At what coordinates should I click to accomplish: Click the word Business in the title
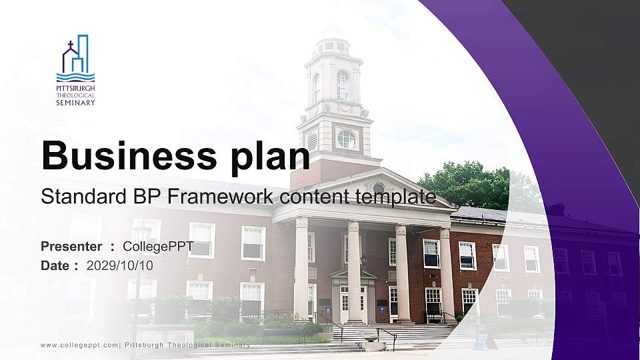pos(129,155)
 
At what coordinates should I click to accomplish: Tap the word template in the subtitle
pos(395,197)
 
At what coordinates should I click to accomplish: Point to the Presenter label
pos(71,247)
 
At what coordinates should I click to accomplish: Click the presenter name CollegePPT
pos(158,247)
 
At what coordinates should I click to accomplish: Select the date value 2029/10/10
pos(119,266)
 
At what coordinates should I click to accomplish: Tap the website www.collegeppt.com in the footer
pos(79,345)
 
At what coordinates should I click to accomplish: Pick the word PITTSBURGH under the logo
pos(75,88)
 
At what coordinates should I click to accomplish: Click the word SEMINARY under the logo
pos(75,103)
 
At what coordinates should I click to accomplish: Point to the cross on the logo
pos(71,44)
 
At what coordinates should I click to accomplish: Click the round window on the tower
pos(347,139)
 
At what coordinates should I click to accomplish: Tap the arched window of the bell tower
pos(343,86)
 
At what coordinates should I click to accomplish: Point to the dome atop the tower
pos(333,33)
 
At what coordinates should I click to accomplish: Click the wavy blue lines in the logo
pos(75,77)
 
